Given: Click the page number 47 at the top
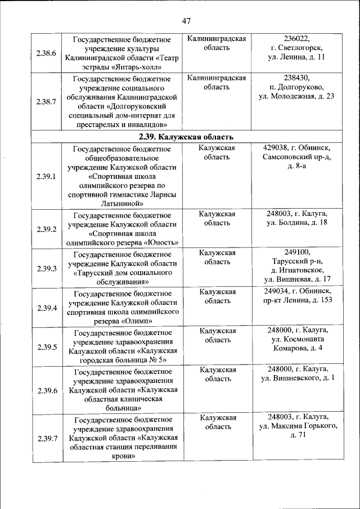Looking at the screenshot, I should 187,21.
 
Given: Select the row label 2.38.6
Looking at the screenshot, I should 46,53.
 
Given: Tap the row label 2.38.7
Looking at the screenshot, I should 46,102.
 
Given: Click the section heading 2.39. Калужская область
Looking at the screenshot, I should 186,137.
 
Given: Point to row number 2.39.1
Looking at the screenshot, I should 46,177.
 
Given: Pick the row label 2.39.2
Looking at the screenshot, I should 46,229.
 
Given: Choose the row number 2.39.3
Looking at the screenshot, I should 46,269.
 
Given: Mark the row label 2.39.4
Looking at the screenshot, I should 46,308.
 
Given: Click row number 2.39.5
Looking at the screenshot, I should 46,347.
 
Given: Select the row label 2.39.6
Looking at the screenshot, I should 46,390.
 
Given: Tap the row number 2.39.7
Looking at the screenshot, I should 46,438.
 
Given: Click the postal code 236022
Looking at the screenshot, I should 296,39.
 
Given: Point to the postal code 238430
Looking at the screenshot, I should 296,78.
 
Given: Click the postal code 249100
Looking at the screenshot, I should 296,253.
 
